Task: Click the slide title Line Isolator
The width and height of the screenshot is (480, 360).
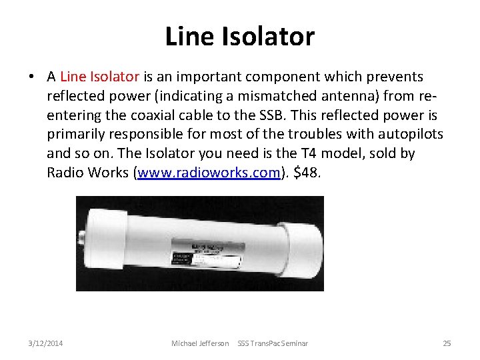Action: click(240, 36)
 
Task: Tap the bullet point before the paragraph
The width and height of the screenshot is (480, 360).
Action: click(32, 77)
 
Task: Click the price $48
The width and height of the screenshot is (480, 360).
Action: click(307, 173)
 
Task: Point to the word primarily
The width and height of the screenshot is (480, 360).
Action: click(75, 134)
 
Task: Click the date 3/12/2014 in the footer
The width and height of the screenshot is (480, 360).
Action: click(46, 343)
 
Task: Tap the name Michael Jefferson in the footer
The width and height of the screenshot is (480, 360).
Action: click(200, 343)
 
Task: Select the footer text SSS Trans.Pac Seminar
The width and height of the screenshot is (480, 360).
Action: click(273, 343)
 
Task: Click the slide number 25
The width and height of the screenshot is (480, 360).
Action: click(447, 343)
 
